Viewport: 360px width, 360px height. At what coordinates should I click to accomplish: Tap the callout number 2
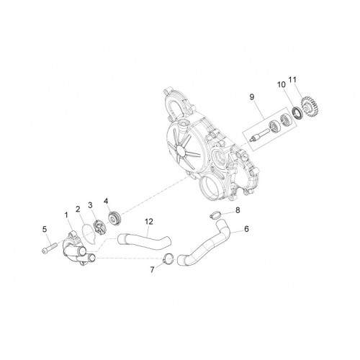78,210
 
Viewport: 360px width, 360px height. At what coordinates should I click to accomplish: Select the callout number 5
45,230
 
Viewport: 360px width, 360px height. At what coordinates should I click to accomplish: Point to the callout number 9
252,97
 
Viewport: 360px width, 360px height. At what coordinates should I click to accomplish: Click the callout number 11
293,79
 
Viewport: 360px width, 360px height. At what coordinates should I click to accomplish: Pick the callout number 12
149,222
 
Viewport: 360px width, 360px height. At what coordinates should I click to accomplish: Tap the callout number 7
152,270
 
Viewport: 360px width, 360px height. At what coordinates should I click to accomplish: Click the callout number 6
246,229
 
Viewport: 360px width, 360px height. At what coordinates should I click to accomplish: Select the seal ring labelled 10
297,113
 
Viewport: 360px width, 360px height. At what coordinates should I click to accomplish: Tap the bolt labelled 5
50,248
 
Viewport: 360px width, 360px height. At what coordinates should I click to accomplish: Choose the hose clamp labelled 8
215,215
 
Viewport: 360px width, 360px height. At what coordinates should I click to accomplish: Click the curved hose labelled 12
144,242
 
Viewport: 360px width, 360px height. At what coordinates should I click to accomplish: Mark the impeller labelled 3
100,227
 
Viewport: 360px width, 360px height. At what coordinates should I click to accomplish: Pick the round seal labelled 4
115,217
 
